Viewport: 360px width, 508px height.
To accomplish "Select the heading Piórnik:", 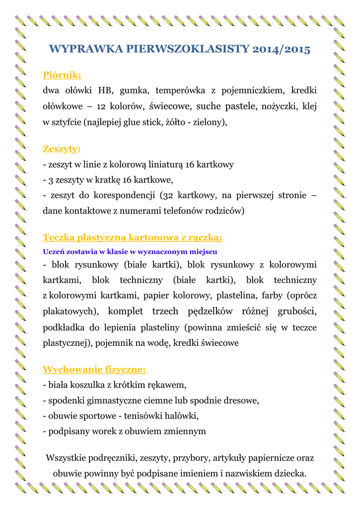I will (62, 75).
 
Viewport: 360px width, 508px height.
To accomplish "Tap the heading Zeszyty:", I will (62, 149).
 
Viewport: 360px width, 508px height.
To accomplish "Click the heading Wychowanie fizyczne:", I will (94, 370).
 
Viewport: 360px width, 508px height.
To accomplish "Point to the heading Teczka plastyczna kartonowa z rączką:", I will (133, 237).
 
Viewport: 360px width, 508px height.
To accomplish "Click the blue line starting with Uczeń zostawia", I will (130, 251).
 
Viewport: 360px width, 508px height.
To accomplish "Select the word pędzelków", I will (212, 312).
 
